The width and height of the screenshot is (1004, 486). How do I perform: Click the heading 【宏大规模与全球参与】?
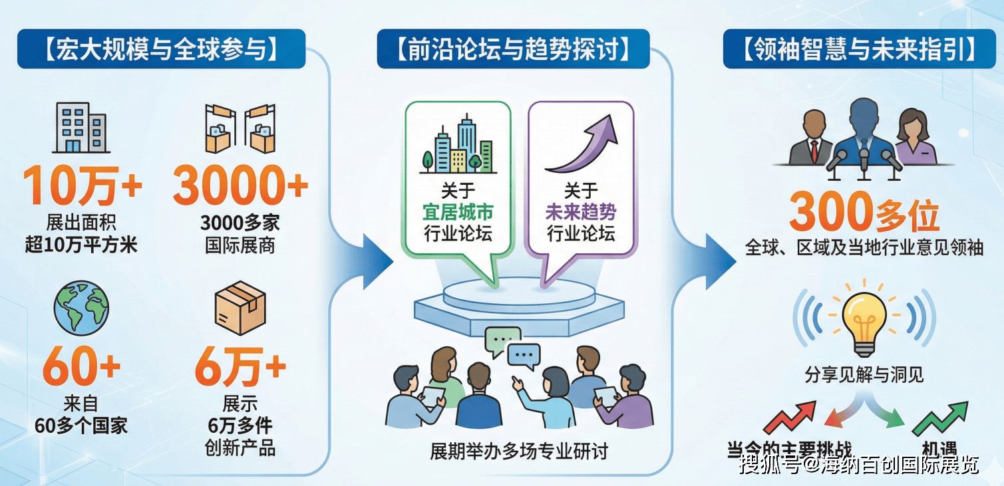click(161, 49)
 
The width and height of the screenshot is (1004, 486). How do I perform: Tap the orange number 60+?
click(81, 366)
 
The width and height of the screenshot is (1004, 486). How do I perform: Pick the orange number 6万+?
click(240, 368)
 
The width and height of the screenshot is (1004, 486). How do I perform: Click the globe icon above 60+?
click(81, 306)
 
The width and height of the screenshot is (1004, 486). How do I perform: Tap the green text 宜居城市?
click(458, 213)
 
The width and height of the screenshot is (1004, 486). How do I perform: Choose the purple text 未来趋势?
click(580, 213)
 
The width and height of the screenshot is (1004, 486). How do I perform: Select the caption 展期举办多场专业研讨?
click(518, 451)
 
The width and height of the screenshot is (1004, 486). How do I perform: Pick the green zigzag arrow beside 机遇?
click(940, 419)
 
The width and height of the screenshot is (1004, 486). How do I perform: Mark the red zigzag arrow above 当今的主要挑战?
click(790, 418)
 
